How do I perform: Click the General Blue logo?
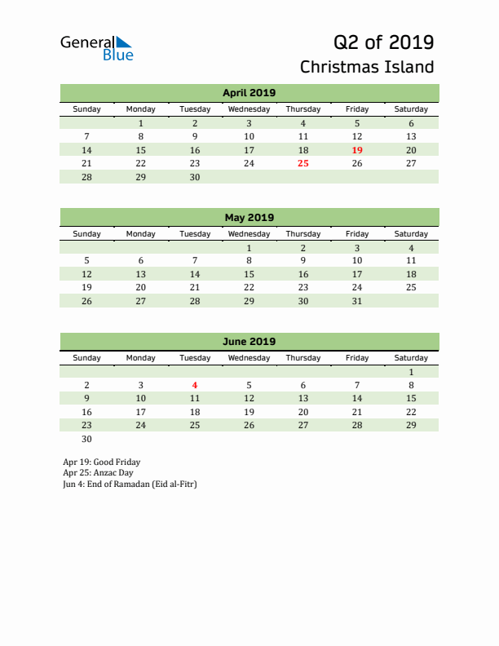coord(96,48)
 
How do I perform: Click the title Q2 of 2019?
coord(383,42)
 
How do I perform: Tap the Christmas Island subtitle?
coord(367,67)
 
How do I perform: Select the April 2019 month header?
coord(249,93)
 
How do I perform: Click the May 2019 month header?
coord(249,218)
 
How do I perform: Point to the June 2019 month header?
coord(249,342)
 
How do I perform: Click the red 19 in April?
coord(357,150)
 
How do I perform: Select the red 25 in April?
coord(303,163)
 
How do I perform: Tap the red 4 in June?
coord(195,385)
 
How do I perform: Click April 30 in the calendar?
coord(195,177)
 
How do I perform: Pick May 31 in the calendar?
coord(357,301)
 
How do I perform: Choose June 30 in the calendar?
coord(87,439)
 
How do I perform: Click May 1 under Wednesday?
coord(249,248)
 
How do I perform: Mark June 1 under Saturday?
coord(411,372)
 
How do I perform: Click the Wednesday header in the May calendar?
coord(249,233)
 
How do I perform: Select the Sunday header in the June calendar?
coord(87,357)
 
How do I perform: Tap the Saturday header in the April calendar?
coord(411,109)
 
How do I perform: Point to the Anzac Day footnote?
coord(98,472)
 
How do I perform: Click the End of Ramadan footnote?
coord(130,484)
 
